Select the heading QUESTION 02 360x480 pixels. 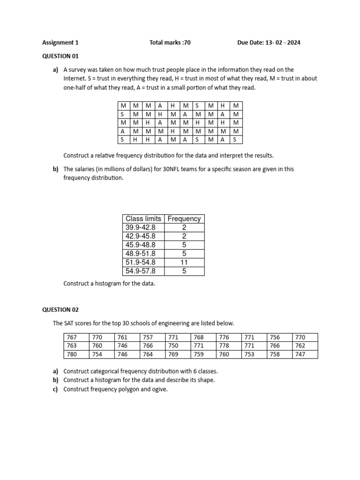[x=61, y=310]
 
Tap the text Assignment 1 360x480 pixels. [x=60, y=43]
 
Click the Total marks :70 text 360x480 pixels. [x=170, y=43]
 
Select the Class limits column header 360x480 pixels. [x=143, y=218]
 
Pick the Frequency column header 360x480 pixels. [x=184, y=218]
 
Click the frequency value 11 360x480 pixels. [x=184, y=262]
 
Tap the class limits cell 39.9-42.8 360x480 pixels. [x=141, y=227]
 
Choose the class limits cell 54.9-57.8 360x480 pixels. [x=141, y=271]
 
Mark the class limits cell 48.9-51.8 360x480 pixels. [x=141, y=254]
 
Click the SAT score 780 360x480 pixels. [x=72, y=354]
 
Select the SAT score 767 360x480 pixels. [x=72, y=337]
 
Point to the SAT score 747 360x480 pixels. [x=300, y=354]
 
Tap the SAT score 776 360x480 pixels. [x=224, y=337]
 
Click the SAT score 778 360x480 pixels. [x=224, y=346]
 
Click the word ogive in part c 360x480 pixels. [x=159, y=389]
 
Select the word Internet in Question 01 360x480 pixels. [x=74, y=79]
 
